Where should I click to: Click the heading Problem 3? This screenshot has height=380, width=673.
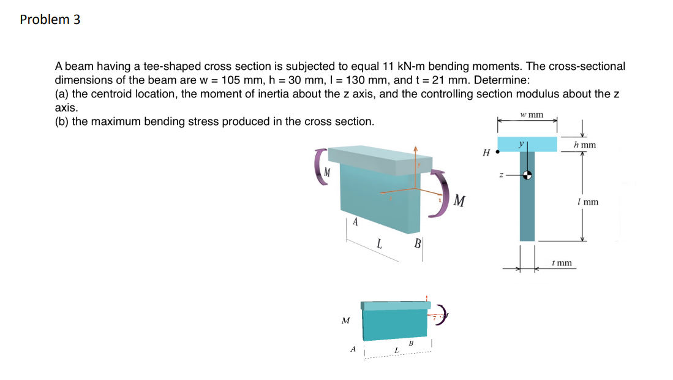pyautogui.click(x=50, y=20)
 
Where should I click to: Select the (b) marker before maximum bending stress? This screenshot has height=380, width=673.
pyautogui.click(x=62, y=121)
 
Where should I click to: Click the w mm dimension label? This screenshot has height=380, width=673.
pyautogui.click(x=531, y=115)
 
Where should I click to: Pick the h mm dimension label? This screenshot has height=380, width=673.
pyautogui.click(x=585, y=145)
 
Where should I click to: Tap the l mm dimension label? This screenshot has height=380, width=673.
pyautogui.click(x=587, y=202)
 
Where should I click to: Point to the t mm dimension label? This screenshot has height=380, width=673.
pyautogui.click(x=562, y=263)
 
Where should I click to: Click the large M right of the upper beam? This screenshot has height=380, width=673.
pyautogui.click(x=461, y=201)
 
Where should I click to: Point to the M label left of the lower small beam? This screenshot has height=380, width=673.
pyautogui.click(x=345, y=321)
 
